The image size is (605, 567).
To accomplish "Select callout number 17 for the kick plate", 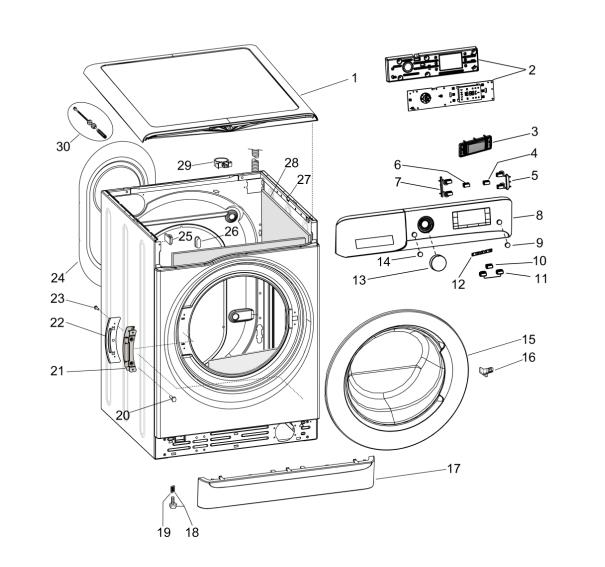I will (452, 468).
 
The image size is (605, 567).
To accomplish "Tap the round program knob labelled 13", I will (436, 263).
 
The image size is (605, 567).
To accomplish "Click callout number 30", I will (63, 146).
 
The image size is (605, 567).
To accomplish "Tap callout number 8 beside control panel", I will (539, 215).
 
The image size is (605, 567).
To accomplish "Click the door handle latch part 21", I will (129, 350).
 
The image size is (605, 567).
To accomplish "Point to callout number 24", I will (57, 278).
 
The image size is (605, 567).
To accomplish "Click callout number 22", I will (57, 322).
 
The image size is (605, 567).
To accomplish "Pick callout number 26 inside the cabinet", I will (231, 232).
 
